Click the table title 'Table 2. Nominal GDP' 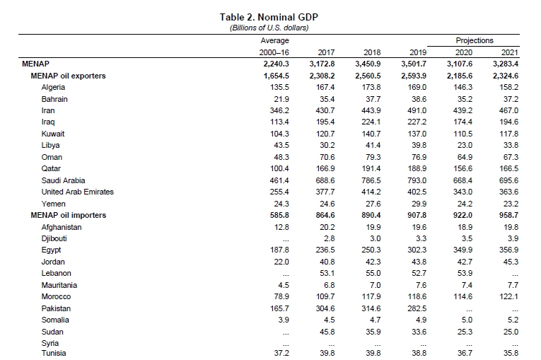click(x=270, y=17)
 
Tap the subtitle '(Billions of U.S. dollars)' click(x=270, y=28)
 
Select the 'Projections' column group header click(x=475, y=41)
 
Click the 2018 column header click(x=371, y=52)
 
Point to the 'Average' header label click(x=275, y=41)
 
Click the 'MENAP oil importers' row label click(x=68, y=215)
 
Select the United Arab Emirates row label click(x=78, y=192)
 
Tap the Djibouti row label click(x=55, y=238)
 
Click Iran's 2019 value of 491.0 click(x=417, y=110)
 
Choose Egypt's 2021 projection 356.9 click(x=508, y=250)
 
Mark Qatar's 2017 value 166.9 click(x=323, y=169)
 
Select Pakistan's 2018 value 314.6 click(x=371, y=308)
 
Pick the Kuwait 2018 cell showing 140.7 click(x=371, y=134)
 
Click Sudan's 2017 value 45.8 click(x=325, y=332)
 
